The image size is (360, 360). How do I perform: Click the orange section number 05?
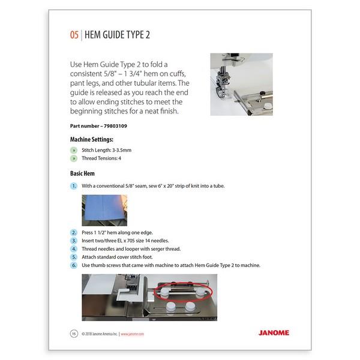pos(74,35)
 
